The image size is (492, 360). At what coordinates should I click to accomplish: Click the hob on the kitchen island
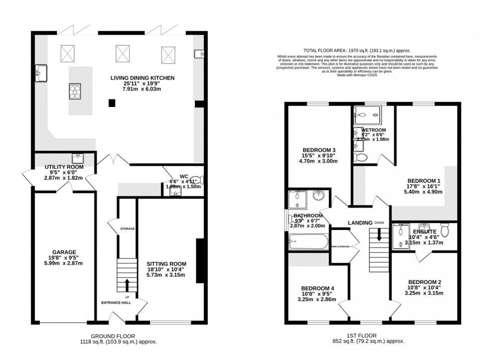(x=75, y=91)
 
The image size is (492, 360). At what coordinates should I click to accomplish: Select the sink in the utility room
(x=77, y=158)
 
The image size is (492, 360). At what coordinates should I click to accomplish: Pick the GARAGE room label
(x=63, y=252)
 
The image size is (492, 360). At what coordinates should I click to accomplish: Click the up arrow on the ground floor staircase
(x=127, y=285)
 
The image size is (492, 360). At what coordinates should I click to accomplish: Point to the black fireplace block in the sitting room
(x=199, y=261)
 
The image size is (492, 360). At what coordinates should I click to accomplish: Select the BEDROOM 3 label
(x=319, y=150)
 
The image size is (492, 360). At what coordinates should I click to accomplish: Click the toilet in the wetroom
(x=361, y=158)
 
